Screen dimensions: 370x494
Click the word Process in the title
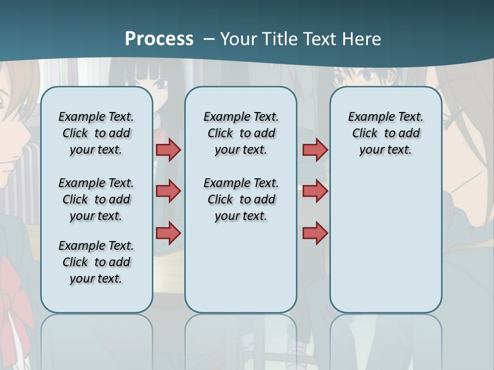point(159,39)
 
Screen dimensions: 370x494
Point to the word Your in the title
point(239,39)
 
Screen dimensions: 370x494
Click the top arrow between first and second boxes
point(168,150)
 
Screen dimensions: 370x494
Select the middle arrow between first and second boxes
point(168,191)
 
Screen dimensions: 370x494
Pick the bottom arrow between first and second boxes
point(168,233)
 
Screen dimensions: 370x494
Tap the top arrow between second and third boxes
point(315,150)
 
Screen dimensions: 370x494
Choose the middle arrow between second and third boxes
point(315,191)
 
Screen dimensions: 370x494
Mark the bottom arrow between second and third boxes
point(315,233)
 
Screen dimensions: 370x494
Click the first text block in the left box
point(96,133)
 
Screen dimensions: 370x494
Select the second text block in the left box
point(96,199)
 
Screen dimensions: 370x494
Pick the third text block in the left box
point(96,262)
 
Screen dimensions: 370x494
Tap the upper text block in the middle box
point(241,133)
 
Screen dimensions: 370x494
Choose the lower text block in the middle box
point(241,199)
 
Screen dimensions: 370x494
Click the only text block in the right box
point(385,133)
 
